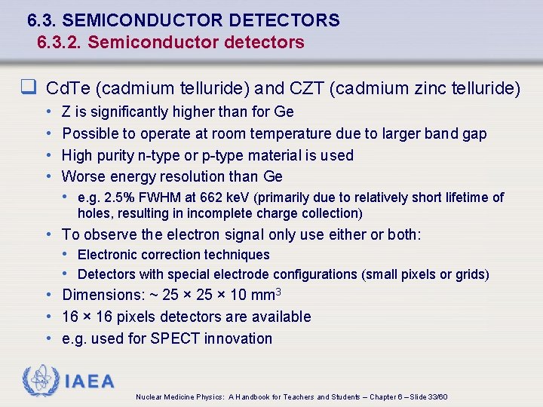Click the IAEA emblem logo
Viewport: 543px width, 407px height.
click(40, 381)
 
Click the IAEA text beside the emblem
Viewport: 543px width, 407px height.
click(90, 381)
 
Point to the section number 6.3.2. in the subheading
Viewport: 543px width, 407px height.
click(60, 42)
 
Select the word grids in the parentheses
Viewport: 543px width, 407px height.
click(468, 274)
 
